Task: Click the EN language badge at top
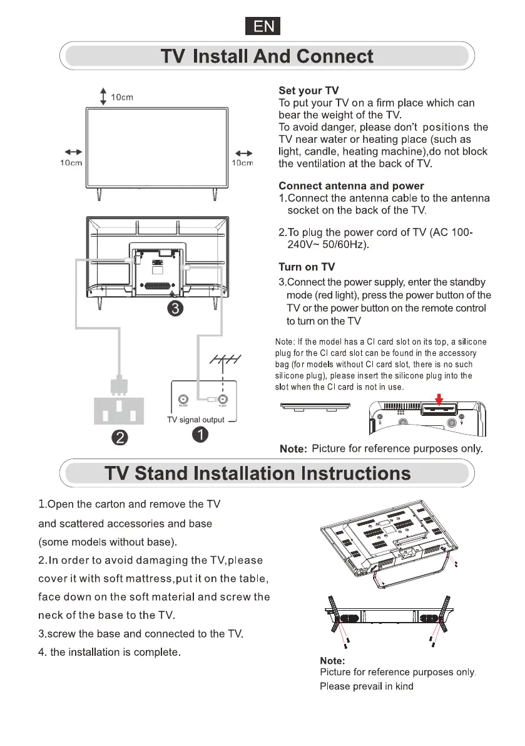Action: (x=262, y=26)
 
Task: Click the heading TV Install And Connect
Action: (x=267, y=57)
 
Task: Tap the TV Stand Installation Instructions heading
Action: (x=257, y=472)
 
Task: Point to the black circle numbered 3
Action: (x=177, y=309)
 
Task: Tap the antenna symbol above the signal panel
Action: (x=223, y=363)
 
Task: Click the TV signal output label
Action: (x=195, y=420)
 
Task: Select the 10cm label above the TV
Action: (x=122, y=97)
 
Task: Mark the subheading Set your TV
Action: (x=308, y=91)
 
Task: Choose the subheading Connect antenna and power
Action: (x=351, y=186)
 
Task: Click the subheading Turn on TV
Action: (x=307, y=267)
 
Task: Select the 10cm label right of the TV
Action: (x=242, y=163)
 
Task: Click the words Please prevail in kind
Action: (x=367, y=686)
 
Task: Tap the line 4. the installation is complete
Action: (x=110, y=653)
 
